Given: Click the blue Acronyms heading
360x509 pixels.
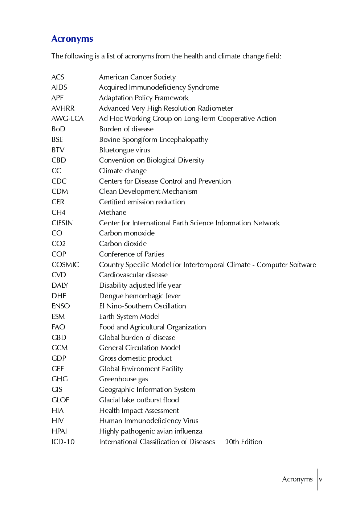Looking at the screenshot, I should pos(72,39).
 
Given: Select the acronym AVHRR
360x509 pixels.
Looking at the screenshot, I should pos(63,108).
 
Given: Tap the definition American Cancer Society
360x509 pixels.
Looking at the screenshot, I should pos(137,77).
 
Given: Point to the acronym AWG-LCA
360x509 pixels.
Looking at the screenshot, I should pos(67,119).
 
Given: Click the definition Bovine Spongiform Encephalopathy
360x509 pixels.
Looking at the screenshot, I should pos(154,140).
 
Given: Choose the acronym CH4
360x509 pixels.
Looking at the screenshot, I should pos(58,212).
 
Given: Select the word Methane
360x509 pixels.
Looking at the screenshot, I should pos(112,212).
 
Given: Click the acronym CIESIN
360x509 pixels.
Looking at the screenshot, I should pos(62,223).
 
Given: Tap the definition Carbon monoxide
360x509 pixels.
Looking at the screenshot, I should pos(127,233).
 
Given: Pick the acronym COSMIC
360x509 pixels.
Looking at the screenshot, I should pos(65,264).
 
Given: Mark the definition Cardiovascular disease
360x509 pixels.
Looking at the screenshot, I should pos(133,275).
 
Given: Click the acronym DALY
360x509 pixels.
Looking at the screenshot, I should pos(60,285).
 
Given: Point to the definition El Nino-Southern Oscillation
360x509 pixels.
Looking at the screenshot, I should pos(142,306).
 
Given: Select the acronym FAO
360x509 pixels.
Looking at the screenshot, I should pos(58,327).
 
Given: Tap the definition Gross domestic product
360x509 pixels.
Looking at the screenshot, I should pos(135,358).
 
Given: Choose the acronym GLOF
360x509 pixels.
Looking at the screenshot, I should pos(60,400).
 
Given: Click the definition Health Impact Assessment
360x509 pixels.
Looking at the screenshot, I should pos(139,410).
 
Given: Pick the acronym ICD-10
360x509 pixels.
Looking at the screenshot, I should pos(63,442).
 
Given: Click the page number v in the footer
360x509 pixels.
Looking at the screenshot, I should pos(320,479).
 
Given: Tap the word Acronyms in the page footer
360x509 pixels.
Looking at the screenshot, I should pos(297,479).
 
